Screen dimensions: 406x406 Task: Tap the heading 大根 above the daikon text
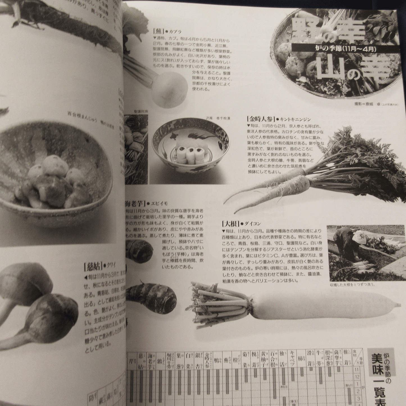[x=230, y=224]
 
